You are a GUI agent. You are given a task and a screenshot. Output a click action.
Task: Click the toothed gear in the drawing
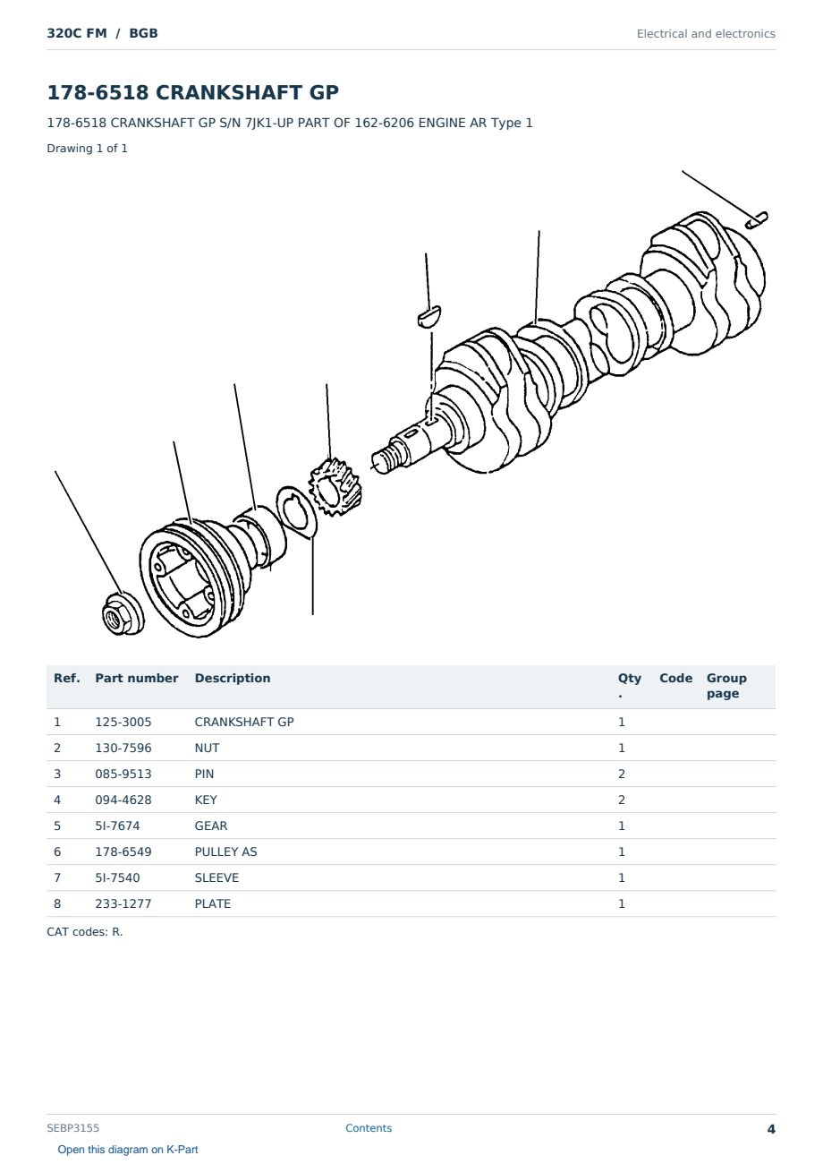[x=335, y=487]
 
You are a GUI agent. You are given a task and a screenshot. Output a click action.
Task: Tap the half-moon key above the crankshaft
[x=429, y=316]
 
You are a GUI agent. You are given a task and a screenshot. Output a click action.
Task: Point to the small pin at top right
[x=757, y=219]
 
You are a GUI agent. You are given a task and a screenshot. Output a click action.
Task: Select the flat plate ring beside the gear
[x=296, y=512]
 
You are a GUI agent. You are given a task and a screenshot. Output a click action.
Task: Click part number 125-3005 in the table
[x=123, y=722]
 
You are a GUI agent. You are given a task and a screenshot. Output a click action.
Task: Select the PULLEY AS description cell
[x=225, y=852]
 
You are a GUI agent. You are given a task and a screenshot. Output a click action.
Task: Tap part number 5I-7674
[x=117, y=826]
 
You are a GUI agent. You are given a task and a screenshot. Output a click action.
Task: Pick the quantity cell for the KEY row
[x=622, y=800]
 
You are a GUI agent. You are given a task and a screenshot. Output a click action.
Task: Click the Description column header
[x=233, y=678]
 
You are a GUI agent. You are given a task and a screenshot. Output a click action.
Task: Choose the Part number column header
[x=137, y=678]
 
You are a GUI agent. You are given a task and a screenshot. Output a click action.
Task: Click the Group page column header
[x=726, y=686]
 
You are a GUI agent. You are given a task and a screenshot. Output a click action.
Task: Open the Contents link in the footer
[x=369, y=1128]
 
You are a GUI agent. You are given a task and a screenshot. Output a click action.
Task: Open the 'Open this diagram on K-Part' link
[x=128, y=1150]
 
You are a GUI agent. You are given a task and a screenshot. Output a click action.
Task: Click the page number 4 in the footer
[x=771, y=1129]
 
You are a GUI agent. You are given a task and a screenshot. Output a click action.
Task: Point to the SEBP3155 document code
[x=72, y=1128]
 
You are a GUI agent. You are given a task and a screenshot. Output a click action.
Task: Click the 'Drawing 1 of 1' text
[x=88, y=149]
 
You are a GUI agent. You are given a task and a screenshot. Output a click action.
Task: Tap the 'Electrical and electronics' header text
[x=706, y=34]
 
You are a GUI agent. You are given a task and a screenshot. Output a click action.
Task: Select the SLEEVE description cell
[x=216, y=877]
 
